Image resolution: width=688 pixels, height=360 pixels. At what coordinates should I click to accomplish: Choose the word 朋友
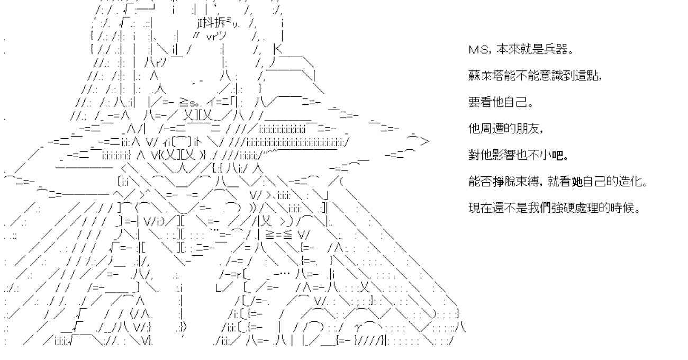[x=528, y=129]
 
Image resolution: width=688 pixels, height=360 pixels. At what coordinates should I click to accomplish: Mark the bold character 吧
[x=557, y=155]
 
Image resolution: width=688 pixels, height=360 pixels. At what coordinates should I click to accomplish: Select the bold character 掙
[x=498, y=182]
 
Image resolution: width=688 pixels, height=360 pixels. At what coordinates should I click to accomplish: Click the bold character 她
[x=577, y=182]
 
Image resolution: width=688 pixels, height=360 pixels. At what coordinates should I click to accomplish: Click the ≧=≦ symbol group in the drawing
[x=278, y=235]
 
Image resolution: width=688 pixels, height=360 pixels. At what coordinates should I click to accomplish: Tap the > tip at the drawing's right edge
[x=425, y=141]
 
